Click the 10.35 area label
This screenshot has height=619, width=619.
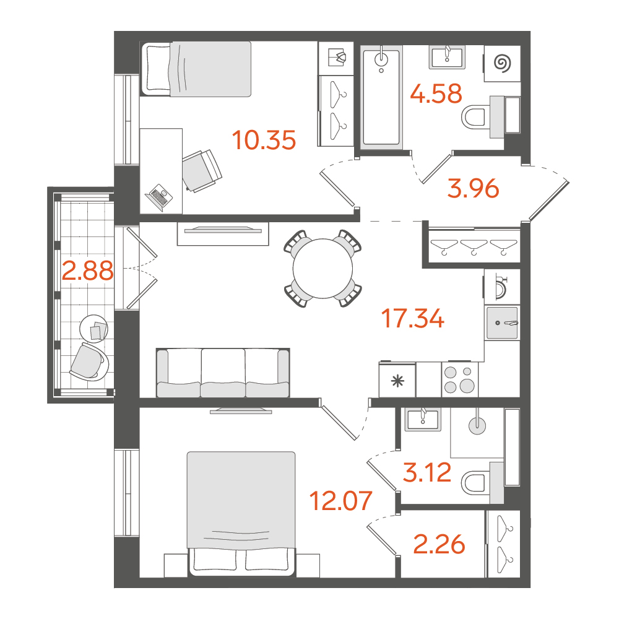click(x=264, y=140)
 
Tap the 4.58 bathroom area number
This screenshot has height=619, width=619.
click(x=436, y=94)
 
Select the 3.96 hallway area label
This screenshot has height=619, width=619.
click(x=474, y=188)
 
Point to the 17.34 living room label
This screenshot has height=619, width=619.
click(x=413, y=319)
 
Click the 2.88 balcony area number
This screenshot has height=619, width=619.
click(x=88, y=271)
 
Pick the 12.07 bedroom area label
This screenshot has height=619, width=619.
click(x=341, y=501)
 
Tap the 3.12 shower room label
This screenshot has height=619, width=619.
click(x=426, y=472)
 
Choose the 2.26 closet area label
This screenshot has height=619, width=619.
click(x=439, y=545)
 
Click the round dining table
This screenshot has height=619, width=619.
click(x=323, y=269)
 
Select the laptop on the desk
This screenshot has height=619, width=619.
click(x=158, y=197)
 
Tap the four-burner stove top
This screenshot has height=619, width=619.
click(x=459, y=380)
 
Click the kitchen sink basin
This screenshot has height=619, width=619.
click(x=502, y=323)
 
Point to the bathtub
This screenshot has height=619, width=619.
click(x=381, y=97)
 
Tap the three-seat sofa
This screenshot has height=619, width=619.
click(x=223, y=373)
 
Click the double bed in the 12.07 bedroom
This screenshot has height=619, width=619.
click(x=241, y=513)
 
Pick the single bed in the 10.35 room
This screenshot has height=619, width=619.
click(x=196, y=69)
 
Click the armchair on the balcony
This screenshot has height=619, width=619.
click(x=89, y=362)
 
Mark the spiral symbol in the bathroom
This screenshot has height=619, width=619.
click(x=503, y=63)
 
